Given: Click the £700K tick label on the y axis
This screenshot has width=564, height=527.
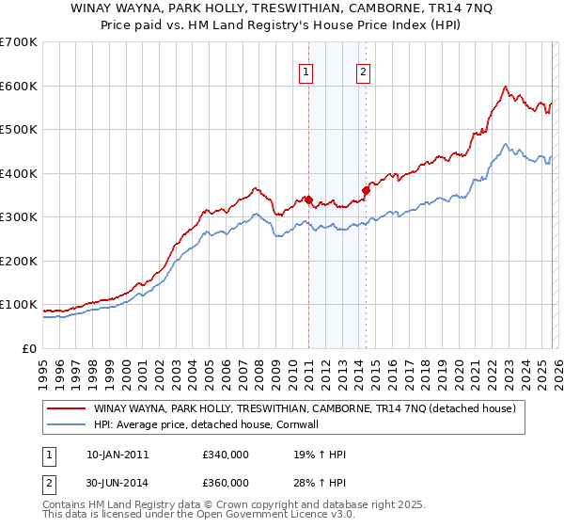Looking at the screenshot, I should coord(19,42).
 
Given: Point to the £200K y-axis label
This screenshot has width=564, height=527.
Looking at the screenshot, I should coord(19,261).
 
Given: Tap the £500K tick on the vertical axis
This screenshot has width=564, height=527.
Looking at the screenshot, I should coord(19,130).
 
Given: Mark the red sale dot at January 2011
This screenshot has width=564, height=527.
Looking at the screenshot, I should coord(308,200).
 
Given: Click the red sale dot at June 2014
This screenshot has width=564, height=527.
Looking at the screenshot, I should coord(366,191).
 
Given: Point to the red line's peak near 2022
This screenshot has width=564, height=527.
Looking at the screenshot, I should coord(506,87).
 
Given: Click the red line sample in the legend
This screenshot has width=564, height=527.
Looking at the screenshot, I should coord(66,409).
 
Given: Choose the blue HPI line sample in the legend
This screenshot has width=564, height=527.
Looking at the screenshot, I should coord(66,425).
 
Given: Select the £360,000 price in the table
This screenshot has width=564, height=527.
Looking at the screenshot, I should coord(225,482).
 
